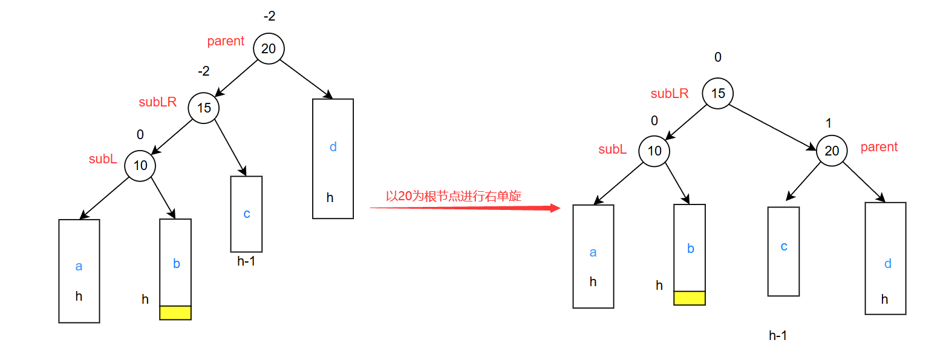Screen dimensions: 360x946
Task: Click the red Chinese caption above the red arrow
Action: (454, 196)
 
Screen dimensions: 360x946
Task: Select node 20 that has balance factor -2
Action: (269, 48)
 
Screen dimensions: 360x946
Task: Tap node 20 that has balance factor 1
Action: (832, 150)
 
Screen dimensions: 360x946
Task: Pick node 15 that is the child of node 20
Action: (204, 108)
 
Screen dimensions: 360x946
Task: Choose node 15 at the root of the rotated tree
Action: (717, 94)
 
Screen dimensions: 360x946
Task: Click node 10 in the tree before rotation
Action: (140, 165)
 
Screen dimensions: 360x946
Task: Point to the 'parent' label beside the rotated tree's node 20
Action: (879, 147)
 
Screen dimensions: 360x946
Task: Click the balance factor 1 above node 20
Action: (829, 123)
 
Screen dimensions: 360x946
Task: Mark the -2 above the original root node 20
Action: (269, 17)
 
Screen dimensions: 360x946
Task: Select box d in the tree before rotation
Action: (333, 158)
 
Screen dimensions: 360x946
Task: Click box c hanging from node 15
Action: (246, 214)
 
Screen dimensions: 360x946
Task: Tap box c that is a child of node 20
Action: (783, 251)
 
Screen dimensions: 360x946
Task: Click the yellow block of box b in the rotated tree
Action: (690, 298)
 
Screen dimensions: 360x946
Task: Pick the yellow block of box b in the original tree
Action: (175, 312)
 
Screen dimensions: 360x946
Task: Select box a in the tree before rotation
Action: (79, 270)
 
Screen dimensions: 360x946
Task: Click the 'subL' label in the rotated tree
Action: (613, 149)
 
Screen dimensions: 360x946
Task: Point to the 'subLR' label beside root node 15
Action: (670, 94)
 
